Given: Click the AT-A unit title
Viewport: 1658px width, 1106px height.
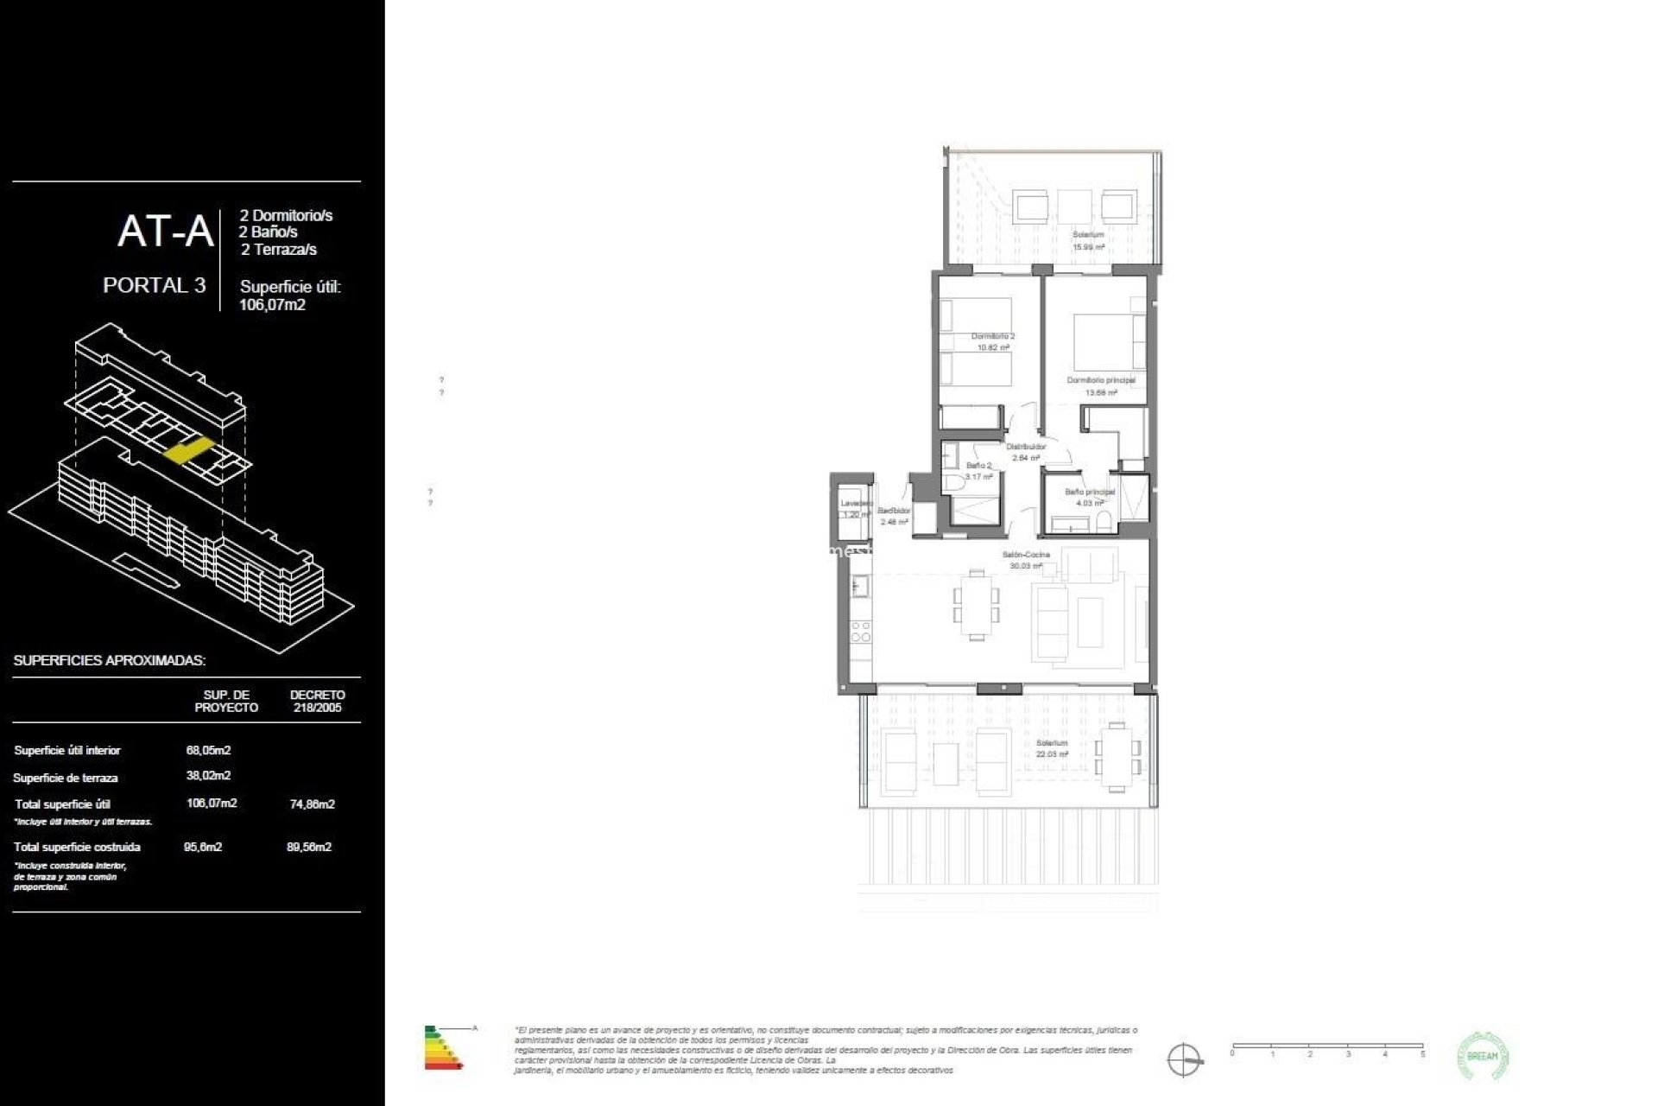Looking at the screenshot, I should [x=165, y=232].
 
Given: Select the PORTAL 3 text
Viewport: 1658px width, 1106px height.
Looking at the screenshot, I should [x=154, y=286].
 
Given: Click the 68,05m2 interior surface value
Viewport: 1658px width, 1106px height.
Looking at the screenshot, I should [x=208, y=750].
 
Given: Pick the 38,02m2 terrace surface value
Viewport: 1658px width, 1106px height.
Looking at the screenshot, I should [x=208, y=776].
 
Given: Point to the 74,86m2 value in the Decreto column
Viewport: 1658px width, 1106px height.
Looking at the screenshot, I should [x=312, y=804].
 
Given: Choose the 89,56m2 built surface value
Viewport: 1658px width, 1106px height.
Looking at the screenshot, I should [x=309, y=847].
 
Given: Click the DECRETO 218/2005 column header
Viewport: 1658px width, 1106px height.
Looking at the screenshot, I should [x=317, y=701].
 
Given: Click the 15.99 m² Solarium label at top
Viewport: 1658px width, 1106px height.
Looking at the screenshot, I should [x=1088, y=240].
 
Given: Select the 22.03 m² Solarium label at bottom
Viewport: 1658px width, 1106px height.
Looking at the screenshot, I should [x=1052, y=748].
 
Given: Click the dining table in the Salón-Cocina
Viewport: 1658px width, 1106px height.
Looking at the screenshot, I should [x=976, y=605].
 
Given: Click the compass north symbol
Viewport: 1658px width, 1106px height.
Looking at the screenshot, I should [x=1183, y=1059].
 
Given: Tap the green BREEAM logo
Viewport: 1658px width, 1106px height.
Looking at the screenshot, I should [x=1482, y=1056].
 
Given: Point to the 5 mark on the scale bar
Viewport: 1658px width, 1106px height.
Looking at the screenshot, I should [x=1422, y=1054].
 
